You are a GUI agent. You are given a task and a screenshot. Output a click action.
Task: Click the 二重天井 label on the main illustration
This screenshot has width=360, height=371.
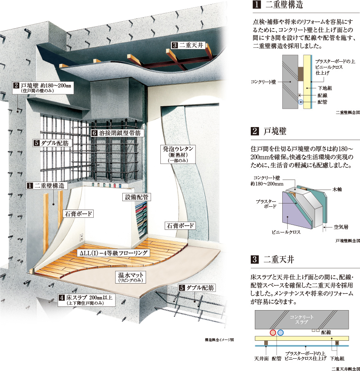tap(188, 46)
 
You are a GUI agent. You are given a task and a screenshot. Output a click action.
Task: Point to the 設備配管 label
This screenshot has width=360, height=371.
tap(137, 197)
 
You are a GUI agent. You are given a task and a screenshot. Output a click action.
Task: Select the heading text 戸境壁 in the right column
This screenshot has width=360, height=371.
tap(275, 131)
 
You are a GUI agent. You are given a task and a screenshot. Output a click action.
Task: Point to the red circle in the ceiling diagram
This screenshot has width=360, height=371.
tap(273, 333)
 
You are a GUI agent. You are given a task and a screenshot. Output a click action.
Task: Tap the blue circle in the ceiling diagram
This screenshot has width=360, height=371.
tap(280, 333)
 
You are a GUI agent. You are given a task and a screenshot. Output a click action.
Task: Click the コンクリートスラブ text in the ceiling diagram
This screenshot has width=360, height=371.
tap(301, 320)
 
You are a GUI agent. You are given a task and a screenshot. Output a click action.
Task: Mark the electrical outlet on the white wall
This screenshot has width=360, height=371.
tap(81, 237)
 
